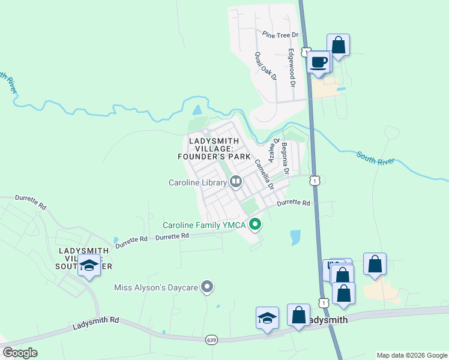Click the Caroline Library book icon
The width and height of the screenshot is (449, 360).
[236, 182]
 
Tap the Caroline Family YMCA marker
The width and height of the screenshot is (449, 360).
[255, 225]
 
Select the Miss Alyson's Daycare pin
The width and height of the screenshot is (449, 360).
[208, 287]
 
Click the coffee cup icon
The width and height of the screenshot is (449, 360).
[319, 61]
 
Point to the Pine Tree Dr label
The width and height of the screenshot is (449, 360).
[276, 35]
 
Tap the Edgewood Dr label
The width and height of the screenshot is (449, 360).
[292, 68]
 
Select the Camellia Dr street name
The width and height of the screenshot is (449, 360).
[264, 174]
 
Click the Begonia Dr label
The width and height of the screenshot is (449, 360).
[285, 158]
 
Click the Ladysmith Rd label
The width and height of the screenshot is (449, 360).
[96, 323]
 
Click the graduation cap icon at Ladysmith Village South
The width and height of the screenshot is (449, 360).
[89, 264]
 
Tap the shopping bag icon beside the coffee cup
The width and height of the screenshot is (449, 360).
[338, 44]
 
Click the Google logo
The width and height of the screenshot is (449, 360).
[20, 353]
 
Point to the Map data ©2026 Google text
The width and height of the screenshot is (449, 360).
[411, 355]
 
